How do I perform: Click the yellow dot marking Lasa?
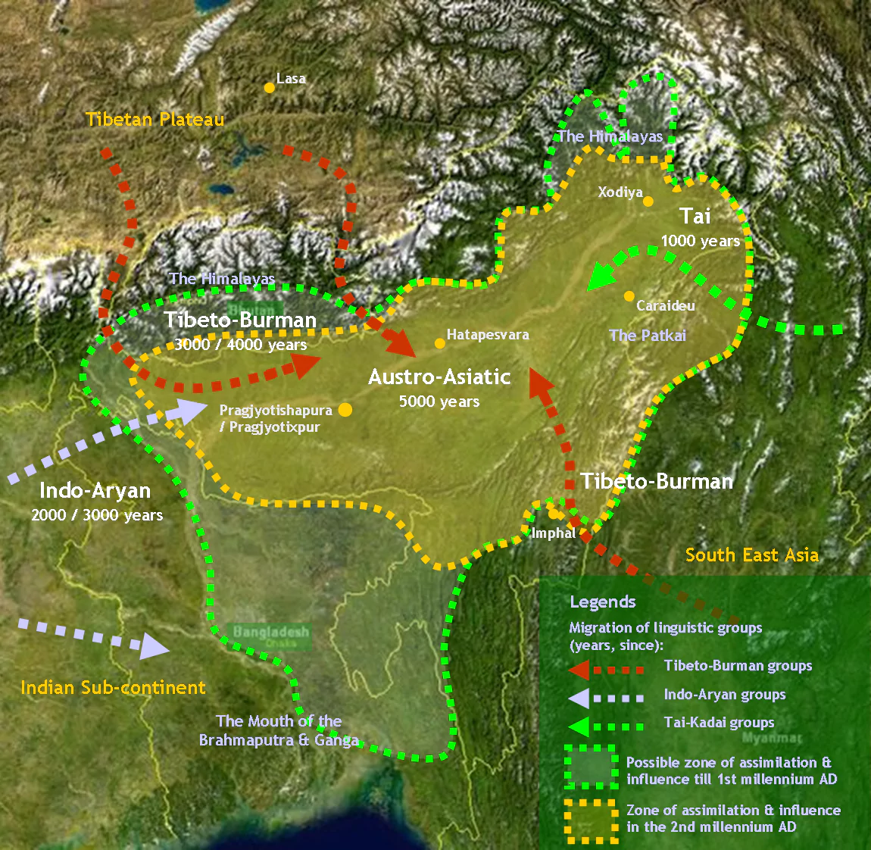[x=269, y=88]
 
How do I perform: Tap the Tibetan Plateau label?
[x=155, y=120]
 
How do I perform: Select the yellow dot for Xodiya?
[x=648, y=201]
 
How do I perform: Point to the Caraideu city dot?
[x=629, y=296]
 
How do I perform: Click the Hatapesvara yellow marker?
[x=439, y=343]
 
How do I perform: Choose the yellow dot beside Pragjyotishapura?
[x=345, y=410]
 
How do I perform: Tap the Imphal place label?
[x=554, y=533]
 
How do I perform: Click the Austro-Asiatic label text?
[x=439, y=377]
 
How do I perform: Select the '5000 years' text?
[x=439, y=402]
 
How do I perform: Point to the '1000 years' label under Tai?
[x=700, y=242]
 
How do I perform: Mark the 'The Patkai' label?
[x=648, y=336]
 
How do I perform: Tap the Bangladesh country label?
[x=271, y=632]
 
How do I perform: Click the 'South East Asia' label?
[x=751, y=555]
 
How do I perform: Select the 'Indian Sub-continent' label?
[x=113, y=688]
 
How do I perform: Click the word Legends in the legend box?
[x=602, y=602]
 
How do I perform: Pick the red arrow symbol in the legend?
[x=579, y=669]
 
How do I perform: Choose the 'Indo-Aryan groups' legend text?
[x=724, y=695]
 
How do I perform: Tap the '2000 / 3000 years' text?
[x=97, y=516]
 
